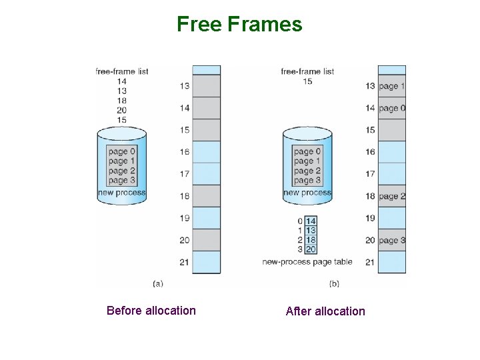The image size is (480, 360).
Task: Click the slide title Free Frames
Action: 239,25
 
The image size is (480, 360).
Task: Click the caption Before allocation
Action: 151,310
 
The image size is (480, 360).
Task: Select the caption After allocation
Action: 325,311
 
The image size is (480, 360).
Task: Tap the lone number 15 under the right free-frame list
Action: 307,81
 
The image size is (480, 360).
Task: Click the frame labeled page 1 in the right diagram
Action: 392,86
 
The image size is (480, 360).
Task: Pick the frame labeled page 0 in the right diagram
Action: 392,108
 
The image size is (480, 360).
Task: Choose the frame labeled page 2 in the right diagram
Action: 392,196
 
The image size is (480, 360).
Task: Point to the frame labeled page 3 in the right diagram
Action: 392,240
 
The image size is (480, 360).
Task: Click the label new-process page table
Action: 307,261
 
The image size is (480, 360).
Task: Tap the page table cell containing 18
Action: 311,239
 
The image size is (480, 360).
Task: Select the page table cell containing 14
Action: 311,221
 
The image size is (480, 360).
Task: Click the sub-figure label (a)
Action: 158,283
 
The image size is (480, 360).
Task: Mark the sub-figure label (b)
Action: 334,283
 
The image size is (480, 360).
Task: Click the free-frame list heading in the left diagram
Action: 121,71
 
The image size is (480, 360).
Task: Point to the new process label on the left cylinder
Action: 121,193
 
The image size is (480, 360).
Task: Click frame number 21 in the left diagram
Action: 185,262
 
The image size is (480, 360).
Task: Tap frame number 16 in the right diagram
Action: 370,152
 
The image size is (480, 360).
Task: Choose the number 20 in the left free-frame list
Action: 121,110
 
